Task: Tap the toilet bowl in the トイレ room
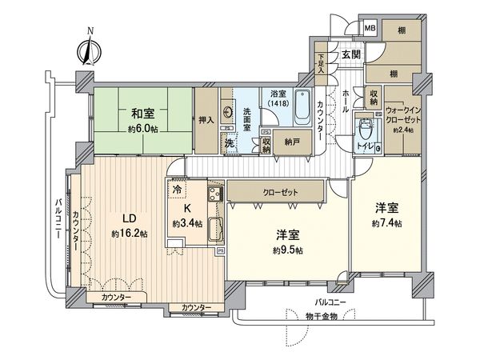click(366, 129)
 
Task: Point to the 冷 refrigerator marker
click(178, 191)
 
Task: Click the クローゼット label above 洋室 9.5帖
click(277, 193)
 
